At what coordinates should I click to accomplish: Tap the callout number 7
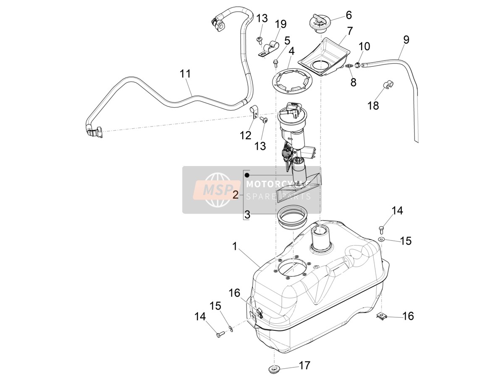pos(349,31)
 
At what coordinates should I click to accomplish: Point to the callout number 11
pos(185,74)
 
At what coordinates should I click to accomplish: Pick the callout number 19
pos(280,24)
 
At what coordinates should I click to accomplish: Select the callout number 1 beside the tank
pos(234,247)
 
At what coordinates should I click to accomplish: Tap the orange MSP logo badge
pos(217,190)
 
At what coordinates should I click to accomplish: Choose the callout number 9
pos(406,40)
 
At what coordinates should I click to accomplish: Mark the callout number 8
pos(353,82)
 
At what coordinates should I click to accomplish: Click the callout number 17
pos(304,365)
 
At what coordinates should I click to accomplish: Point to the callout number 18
pos(373,106)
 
